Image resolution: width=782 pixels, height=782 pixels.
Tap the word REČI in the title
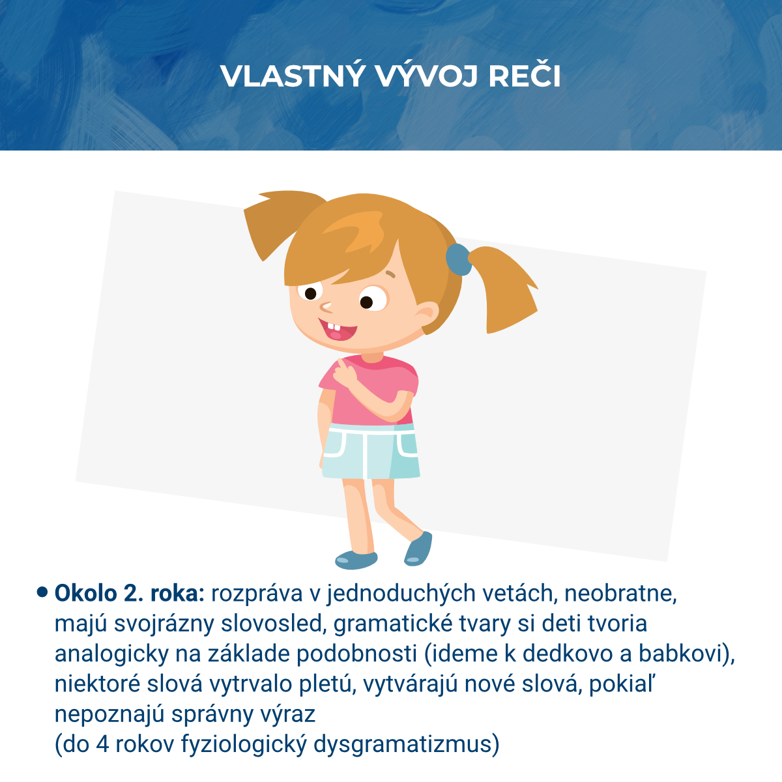click(525, 77)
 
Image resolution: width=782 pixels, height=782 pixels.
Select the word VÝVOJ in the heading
click(426, 77)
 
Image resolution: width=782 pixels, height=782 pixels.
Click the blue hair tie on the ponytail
click(458, 259)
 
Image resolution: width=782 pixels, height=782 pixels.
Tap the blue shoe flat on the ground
click(356, 559)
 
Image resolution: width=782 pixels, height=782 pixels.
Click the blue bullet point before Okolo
click(42, 592)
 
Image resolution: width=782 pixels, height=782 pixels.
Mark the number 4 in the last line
click(102, 744)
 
